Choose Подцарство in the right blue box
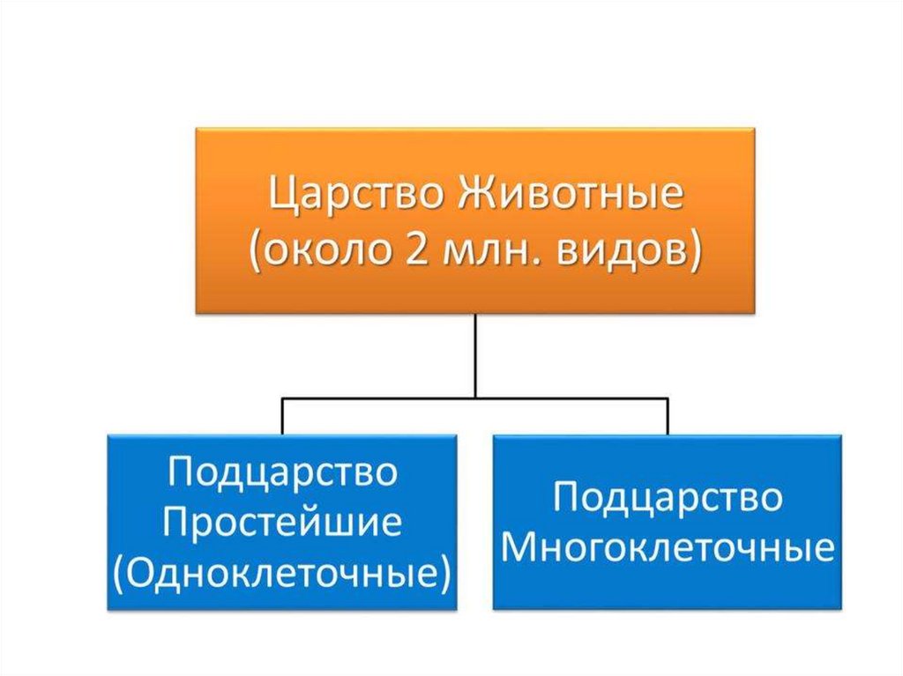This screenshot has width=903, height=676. (x=668, y=498)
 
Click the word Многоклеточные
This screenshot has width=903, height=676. (x=668, y=547)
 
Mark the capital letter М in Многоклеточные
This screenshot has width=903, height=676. (x=518, y=547)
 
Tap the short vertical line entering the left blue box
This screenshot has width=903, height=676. (x=283, y=415)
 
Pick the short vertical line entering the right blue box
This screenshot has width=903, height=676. (x=668, y=415)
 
